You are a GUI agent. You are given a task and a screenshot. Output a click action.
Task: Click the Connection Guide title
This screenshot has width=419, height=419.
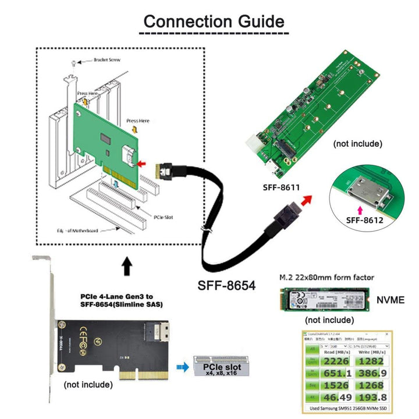click(214, 22)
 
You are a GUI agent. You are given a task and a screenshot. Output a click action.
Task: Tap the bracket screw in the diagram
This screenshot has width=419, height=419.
click(72, 62)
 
